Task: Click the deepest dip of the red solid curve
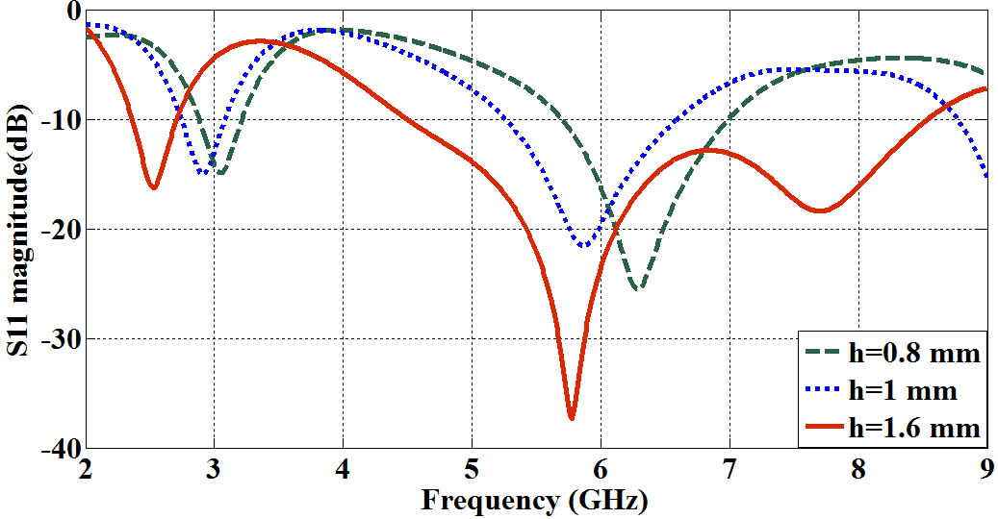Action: coord(572,418)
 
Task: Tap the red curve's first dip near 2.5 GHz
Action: coord(154,186)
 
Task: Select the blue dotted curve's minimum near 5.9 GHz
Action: coord(584,245)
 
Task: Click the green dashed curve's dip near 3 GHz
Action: coord(221,174)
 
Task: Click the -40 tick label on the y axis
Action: coord(60,449)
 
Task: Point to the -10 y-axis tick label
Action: coord(60,120)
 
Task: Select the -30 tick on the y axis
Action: coord(60,339)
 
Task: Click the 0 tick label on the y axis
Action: coord(73,11)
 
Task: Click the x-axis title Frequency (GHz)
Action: coord(534,500)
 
